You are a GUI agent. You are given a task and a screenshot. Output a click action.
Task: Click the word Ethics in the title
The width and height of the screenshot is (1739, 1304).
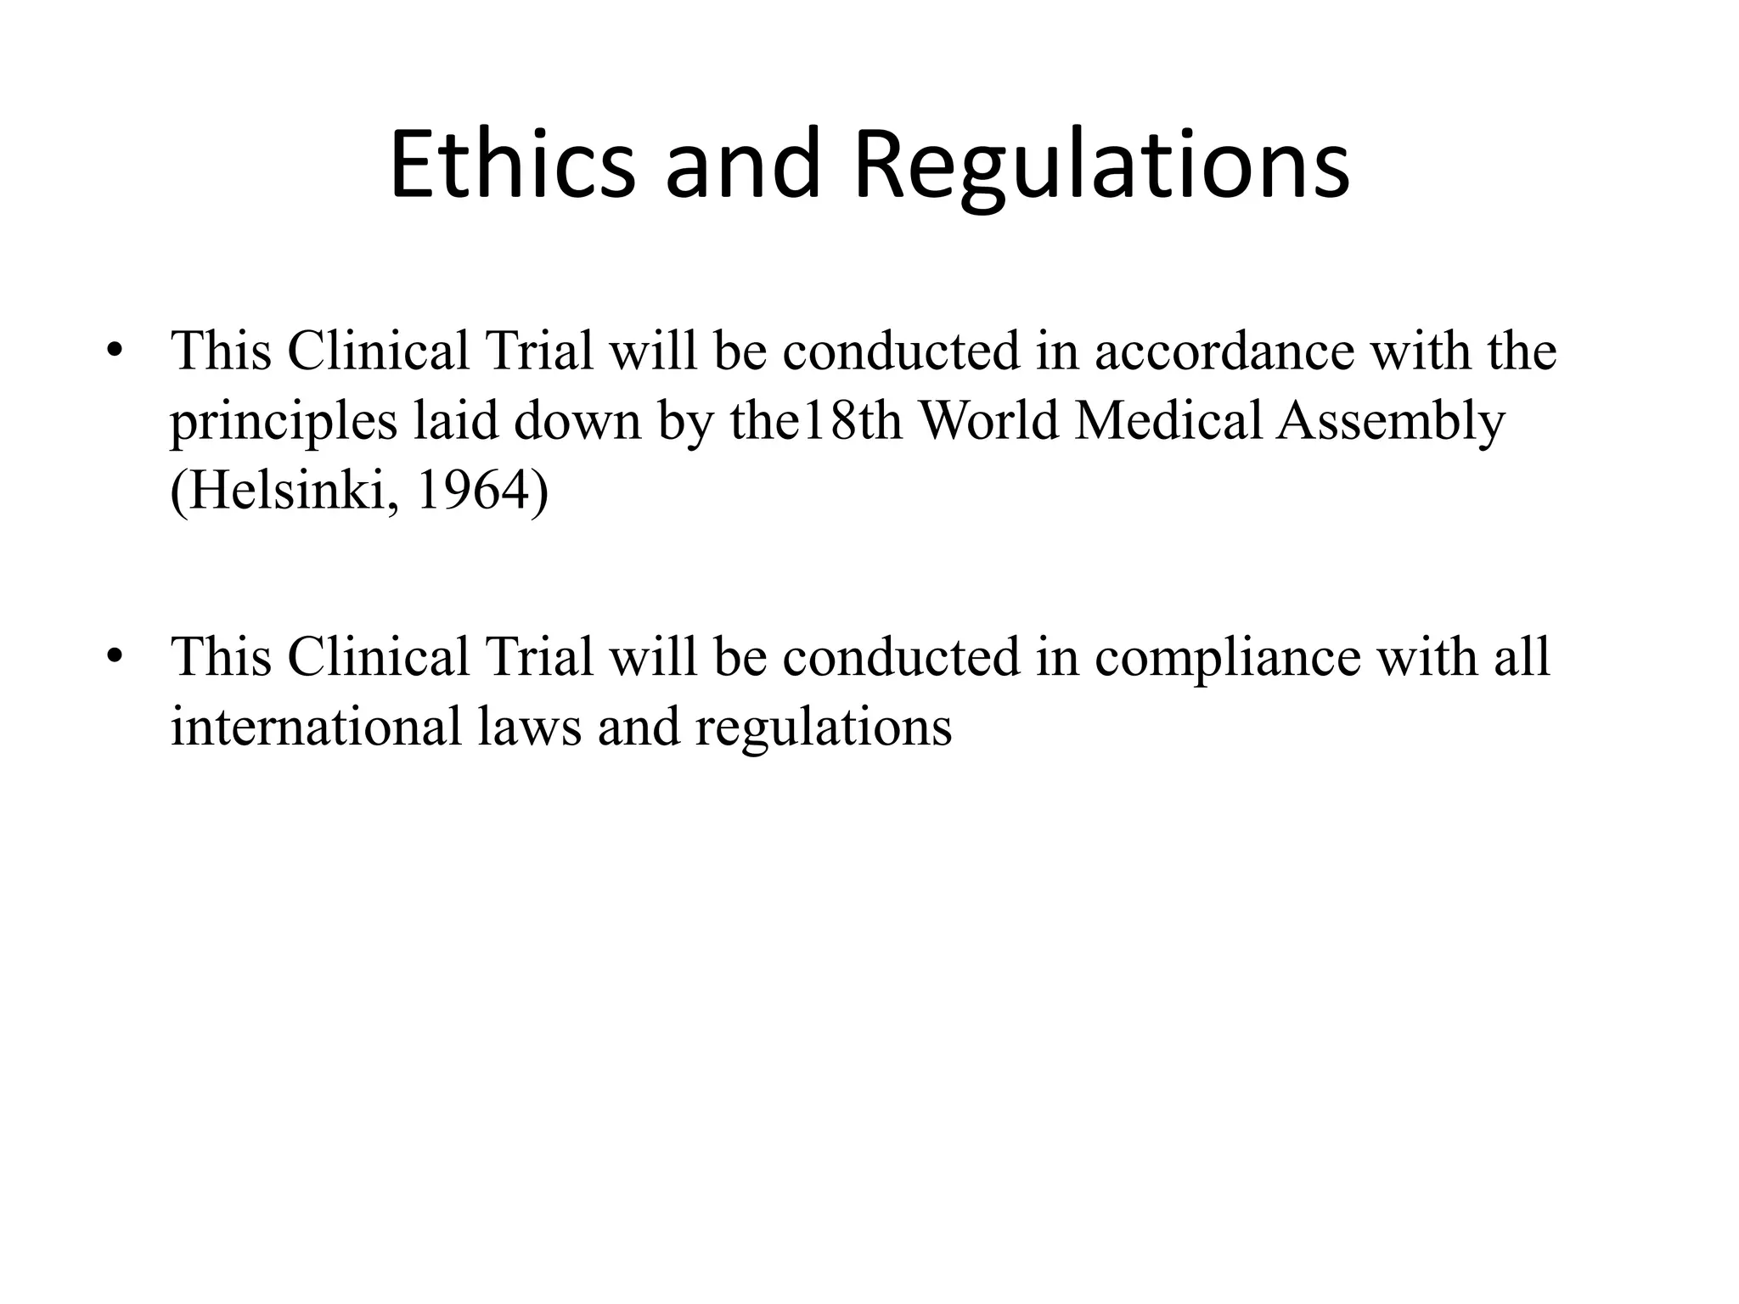[512, 165]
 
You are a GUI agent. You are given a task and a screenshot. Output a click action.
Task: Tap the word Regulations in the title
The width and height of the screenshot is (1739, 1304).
[1100, 165]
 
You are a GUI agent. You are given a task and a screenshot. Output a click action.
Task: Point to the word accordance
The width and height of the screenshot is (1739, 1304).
[1224, 351]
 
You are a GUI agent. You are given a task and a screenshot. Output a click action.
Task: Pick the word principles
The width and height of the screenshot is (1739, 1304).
[284, 422]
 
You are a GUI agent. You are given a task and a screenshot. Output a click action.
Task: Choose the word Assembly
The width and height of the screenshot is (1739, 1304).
[1390, 422]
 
